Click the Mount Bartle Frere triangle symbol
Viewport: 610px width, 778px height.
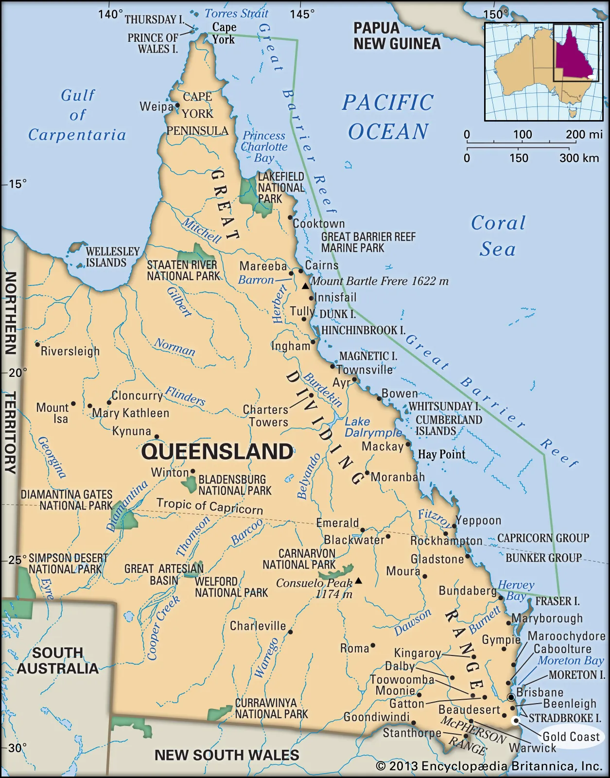[305, 286]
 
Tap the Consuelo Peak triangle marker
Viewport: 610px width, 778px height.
[358, 580]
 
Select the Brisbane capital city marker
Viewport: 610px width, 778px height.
[511, 698]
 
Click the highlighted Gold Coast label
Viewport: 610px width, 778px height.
[571, 737]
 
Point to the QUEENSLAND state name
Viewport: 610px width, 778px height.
[217, 452]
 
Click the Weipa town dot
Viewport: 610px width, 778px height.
[178, 105]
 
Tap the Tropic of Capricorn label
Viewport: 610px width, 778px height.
[209, 506]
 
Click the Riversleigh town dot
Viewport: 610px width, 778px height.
[37, 344]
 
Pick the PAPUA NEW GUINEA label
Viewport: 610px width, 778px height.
[397, 36]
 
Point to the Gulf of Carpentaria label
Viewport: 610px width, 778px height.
[77, 115]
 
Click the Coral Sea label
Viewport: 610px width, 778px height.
[498, 236]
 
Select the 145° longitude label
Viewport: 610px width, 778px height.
[302, 15]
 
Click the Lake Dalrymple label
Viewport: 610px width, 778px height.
[372, 427]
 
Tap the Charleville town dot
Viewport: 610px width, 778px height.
[290, 632]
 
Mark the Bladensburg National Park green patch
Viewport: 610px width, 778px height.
[189, 484]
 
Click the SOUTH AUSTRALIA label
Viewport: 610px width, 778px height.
[57, 660]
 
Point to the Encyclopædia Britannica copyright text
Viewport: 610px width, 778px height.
[489, 766]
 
